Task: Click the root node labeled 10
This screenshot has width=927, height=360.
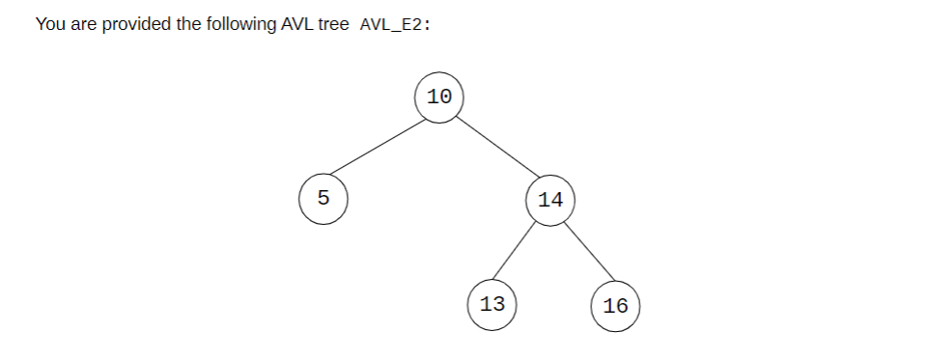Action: [x=439, y=97]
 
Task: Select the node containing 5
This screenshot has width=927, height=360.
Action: [x=323, y=199]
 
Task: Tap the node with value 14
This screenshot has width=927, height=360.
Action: [x=550, y=200]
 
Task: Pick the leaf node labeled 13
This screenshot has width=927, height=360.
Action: [x=492, y=304]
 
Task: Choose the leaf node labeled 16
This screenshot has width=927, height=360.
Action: [x=615, y=306]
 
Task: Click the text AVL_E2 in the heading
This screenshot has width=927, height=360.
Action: [x=390, y=24]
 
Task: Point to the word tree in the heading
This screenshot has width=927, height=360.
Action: [x=333, y=24]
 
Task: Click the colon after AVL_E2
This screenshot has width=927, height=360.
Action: [x=427, y=25]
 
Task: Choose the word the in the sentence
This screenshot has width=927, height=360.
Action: [x=189, y=24]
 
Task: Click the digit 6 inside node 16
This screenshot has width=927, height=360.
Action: [x=621, y=306]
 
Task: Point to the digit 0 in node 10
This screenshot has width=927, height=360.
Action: [x=445, y=97]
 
